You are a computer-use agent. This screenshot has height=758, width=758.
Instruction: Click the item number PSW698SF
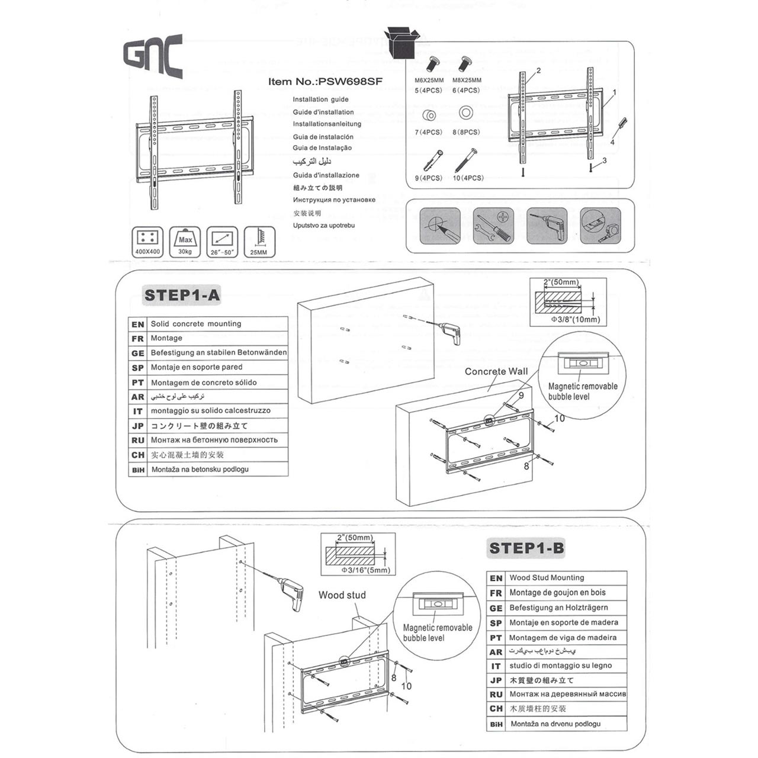tap(325, 82)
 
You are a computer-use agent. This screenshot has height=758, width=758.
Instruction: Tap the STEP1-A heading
tap(182, 295)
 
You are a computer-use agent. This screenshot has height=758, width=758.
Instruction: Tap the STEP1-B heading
tap(526, 548)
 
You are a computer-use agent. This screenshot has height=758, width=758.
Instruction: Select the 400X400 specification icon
tap(147, 242)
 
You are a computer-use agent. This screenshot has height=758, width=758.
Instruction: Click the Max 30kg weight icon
tap(185, 242)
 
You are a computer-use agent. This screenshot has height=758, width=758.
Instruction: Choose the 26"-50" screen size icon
tap(222, 242)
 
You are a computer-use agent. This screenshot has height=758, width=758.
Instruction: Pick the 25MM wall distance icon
tap(259, 242)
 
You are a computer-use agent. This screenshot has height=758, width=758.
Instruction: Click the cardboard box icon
tap(402, 42)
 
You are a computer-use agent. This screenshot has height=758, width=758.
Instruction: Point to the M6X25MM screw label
tap(429, 80)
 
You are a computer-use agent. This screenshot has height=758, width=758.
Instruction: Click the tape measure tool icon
tap(600, 226)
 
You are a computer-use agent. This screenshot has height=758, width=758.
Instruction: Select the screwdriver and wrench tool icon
tap(493, 226)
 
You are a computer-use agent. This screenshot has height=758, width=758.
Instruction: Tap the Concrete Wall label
tap(496, 371)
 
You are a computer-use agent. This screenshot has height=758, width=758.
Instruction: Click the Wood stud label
tap(342, 595)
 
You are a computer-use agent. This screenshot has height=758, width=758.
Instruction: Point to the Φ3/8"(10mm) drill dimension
tap(575, 319)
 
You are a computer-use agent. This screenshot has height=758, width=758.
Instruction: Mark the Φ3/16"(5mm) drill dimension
tap(365, 570)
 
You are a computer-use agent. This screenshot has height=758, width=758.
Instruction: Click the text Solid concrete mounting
tap(195, 324)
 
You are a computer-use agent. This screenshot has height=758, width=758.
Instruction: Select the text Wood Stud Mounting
tap(546, 577)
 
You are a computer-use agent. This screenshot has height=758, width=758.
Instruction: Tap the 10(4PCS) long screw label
tap(468, 178)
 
